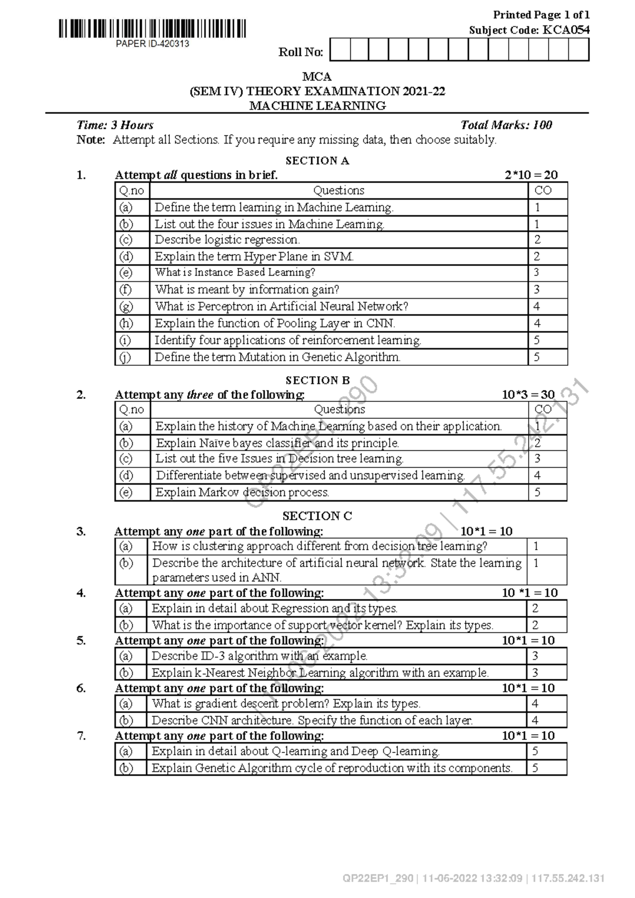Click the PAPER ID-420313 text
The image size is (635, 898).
point(152,44)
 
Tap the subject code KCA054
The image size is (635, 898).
point(565,30)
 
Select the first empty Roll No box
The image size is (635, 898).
point(340,50)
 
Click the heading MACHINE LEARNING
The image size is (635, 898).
point(317,105)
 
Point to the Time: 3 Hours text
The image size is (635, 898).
point(115,125)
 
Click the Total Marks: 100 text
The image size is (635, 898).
point(506,125)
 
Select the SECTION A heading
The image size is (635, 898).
point(317,160)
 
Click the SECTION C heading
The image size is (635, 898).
point(317,516)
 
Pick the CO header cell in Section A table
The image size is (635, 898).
point(543,190)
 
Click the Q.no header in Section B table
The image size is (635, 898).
point(131,409)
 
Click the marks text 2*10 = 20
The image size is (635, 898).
point(531,175)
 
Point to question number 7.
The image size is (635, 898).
point(81,735)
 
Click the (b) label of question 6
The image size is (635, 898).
point(126,720)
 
